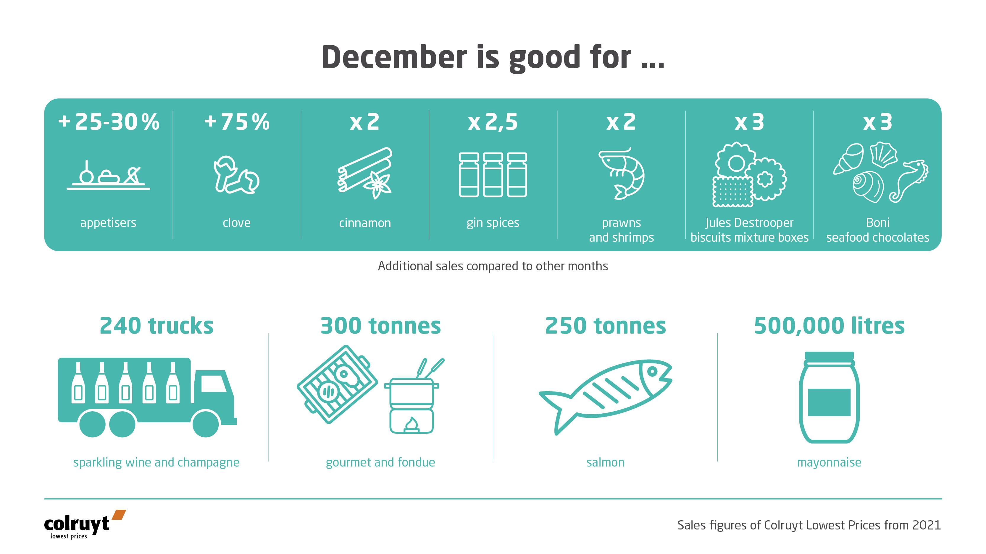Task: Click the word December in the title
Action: [394, 57]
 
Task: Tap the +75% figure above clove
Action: [237, 122]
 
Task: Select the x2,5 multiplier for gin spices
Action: [493, 122]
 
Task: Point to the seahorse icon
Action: [910, 180]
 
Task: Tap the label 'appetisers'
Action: [108, 222]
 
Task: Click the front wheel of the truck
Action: [206, 424]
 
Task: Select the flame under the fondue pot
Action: [411, 424]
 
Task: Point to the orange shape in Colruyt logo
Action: [119, 515]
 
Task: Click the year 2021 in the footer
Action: [926, 525]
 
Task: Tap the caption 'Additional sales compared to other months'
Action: [493, 266]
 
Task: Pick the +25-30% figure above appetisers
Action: [109, 122]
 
